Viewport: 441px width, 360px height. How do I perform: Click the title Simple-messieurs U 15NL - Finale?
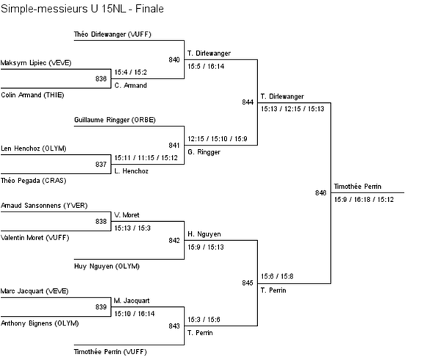82,9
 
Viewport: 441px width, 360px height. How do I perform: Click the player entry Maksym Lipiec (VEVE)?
36,63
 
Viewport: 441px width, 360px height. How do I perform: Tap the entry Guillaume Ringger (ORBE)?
115,119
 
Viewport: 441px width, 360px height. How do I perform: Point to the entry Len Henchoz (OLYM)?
34,148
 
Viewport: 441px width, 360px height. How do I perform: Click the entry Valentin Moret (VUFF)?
35,237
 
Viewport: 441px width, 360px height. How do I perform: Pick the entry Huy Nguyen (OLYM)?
107,266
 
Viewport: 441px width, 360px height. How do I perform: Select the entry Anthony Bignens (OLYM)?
40,323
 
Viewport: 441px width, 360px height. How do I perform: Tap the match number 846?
320,192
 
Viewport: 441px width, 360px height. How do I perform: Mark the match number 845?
247,282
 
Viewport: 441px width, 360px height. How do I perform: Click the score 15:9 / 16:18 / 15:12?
364,199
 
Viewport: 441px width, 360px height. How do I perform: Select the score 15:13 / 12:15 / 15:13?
292,109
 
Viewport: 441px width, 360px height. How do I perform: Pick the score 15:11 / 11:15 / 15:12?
146,158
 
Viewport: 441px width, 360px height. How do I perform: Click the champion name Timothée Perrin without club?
357,187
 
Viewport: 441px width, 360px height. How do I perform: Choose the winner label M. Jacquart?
132,300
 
